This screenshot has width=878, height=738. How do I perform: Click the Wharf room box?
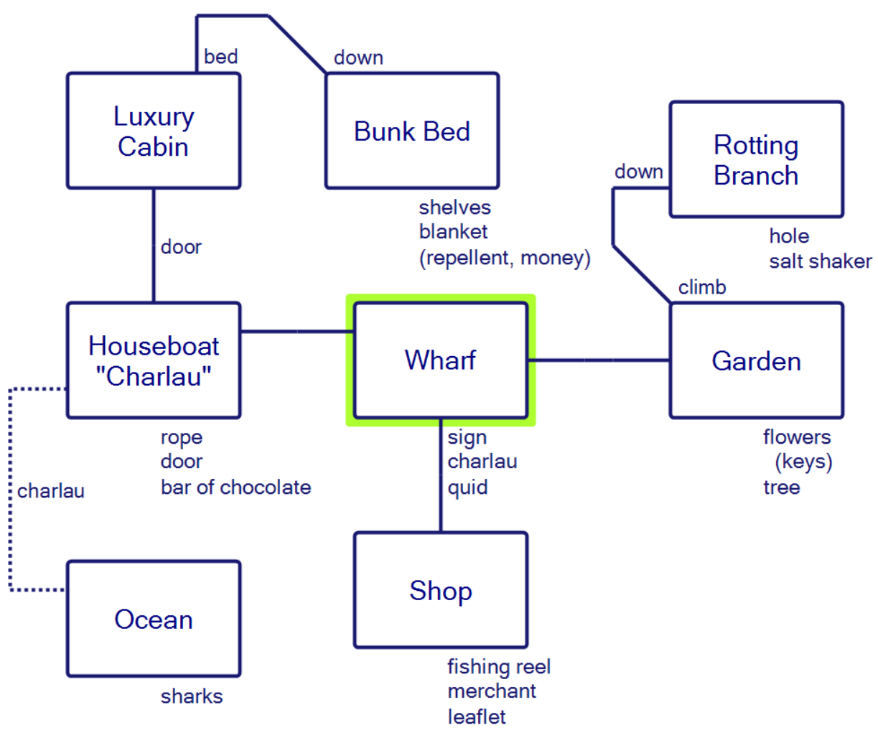(x=440, y=360)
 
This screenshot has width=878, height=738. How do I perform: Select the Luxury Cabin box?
(x=153, y=131)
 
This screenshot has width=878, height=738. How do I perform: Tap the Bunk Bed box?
(x=411, y=131)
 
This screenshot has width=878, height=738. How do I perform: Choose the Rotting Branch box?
(x=756, y=159)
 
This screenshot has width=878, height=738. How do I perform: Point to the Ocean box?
(x=153, y=619)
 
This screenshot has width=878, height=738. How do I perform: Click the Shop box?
(x=440, y=590)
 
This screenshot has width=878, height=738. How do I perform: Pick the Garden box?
(x=756, y=360)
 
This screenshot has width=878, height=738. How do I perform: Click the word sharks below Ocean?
(x=192, y=696)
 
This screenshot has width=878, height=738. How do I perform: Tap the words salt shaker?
(x=820, y=261)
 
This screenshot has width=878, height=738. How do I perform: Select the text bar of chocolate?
(x=235, y=487)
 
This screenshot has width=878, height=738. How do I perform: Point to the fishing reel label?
(x=499, y=667)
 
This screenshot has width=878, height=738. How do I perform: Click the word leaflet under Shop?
(x=477, y=716)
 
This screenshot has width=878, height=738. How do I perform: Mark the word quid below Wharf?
(x=467, y=488)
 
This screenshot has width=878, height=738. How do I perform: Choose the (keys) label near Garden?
(x=803, y=462)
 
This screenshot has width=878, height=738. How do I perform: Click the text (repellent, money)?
(x=505, y=258)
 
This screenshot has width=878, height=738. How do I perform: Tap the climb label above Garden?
(x=702, y=288)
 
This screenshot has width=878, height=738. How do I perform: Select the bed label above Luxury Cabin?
(x=220, y=57)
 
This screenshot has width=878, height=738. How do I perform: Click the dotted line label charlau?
(x=51, y=491)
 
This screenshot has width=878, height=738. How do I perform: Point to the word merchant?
(x=492, y=691)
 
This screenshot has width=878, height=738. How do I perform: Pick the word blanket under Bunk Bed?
(x=453, y=232)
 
